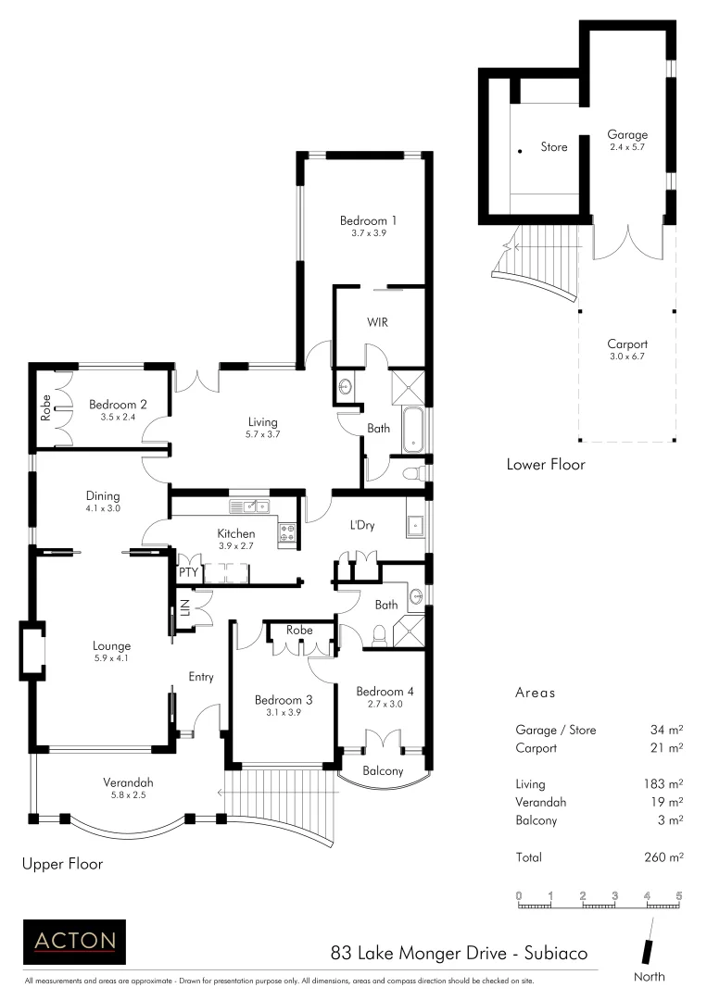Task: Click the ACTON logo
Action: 73,941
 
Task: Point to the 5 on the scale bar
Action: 679,895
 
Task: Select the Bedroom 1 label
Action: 368,220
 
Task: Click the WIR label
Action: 377,323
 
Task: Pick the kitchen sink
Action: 250,506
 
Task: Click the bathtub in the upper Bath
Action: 412,430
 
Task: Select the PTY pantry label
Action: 188,573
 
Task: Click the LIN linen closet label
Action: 185,608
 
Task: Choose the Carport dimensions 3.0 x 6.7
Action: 627,356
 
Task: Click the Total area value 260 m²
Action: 664,857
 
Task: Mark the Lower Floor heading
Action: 546,464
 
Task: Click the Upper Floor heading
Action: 62,864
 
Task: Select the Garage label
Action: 627,134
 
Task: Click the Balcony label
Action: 383,770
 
